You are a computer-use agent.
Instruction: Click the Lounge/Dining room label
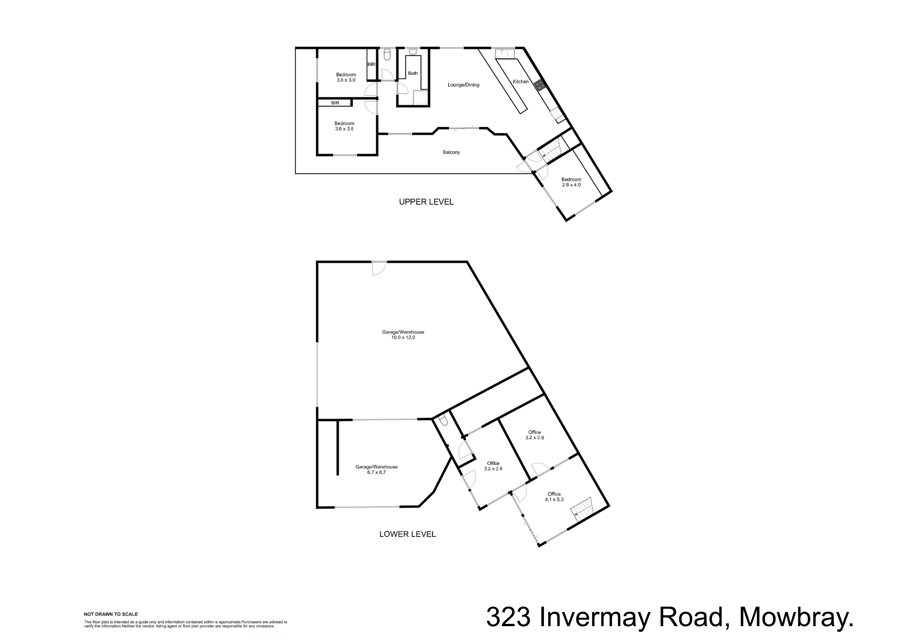click(x=463, y=85)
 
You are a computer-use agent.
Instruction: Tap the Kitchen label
click(x=521, y=82)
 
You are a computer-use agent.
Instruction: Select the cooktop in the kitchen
click(x=539, y=85)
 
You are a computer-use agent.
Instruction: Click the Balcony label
click(x=451, y=152)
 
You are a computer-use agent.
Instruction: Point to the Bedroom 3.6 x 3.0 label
click(x=346, y=77)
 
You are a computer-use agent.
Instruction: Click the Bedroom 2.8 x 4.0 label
click(x=571, y=182)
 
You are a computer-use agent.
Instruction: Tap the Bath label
click(x=413, y=73)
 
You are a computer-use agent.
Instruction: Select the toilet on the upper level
click(x=387, y=55)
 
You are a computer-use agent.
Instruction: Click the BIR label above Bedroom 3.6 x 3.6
click(x=335, y=103)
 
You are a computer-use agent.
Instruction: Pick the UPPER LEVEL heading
click(x=426, y=202)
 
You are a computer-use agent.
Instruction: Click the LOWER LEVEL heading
click(x=408, y=534)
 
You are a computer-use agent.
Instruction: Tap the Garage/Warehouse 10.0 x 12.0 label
click(x=403, y=335)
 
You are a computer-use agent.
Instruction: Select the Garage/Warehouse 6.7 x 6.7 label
click(x=376, y=470)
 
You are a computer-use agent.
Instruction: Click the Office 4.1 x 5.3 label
click(x=554, y=496)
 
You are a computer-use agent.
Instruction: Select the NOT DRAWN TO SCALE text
click(x=111, y=614)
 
